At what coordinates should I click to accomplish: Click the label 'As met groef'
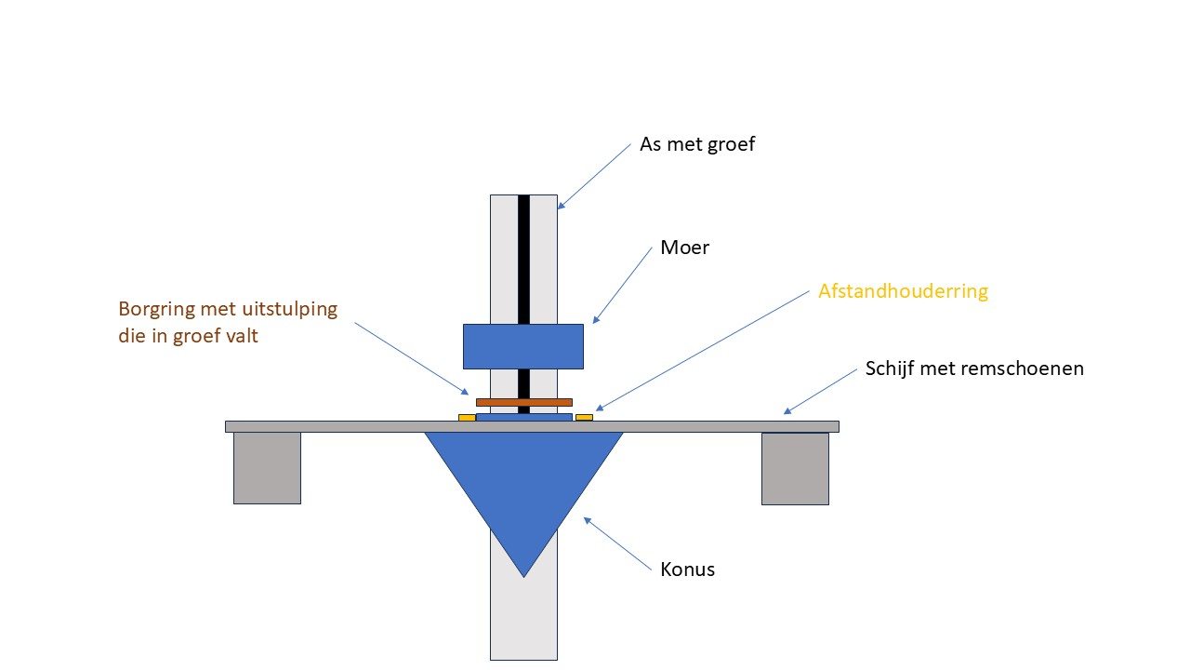(x=697, y=145)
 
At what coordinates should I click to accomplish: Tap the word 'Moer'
(x=684, y=248)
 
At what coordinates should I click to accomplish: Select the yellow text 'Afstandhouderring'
(x=903, y=291)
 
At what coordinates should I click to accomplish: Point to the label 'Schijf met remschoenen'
(x=974, y=368)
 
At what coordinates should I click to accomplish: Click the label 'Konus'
(x=688, y=569)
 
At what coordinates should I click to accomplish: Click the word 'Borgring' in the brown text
(x=154, y=309)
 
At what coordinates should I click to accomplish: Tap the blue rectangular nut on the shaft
(x=523, y=346)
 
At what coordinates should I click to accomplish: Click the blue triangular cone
(x=523, y=484)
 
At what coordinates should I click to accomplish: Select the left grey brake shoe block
(x=267, y=468)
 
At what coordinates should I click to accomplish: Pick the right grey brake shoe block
(x=795, y=468)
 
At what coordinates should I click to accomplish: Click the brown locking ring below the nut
(x=523, y=402)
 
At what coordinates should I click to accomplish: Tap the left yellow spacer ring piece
(x=467, y=418)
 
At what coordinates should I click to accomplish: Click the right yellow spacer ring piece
(x=584, y=417)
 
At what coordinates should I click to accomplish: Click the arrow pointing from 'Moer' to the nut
(x=623, y=284)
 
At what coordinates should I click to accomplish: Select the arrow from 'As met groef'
(x=595, y=175)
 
